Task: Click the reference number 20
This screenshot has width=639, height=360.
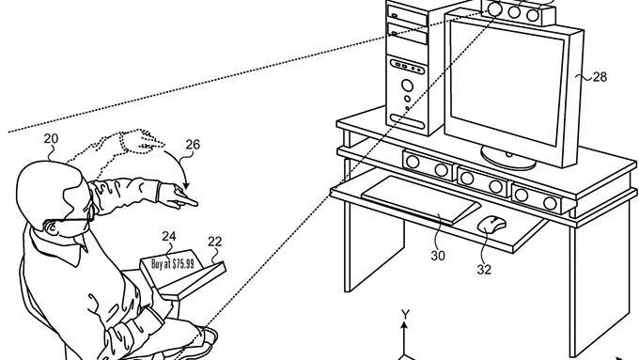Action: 51,138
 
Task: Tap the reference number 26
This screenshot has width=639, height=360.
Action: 193,145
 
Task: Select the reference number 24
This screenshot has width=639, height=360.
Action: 169,236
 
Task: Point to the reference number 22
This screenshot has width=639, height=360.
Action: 214,243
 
